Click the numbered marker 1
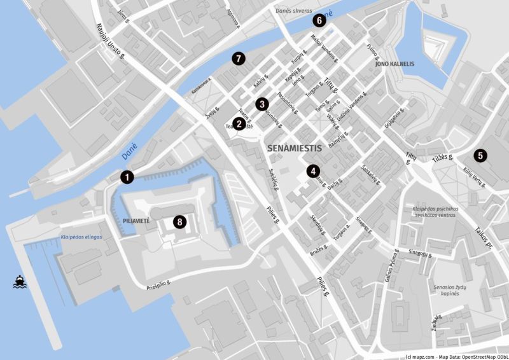coord(128,177)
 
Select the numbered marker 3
coord(261,104)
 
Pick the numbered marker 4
coord(312,170)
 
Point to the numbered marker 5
coord(480,155)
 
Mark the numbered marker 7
coord(239,59)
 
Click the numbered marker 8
coord(180,222)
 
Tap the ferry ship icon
coord(20,282)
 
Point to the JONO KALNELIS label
coord(394,64)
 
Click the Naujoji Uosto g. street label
coord(109,42)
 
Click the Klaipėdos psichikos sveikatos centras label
coord(443,212)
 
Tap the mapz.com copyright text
coord(456,356)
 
